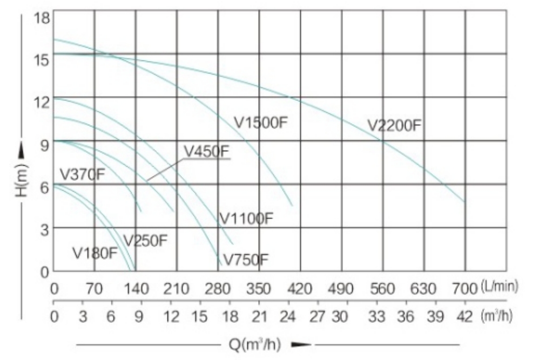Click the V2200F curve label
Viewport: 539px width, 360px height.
click(394, 126)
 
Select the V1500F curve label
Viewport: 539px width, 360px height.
click(261, 123)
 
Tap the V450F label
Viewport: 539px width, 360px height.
click(206, 152)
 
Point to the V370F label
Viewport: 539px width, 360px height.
click(82, 174)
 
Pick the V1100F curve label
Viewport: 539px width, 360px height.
click(246, 219)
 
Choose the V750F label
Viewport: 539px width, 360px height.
click(246, 260)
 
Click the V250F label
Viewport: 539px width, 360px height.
click(145, 240)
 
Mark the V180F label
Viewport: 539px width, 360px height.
click(95, 253)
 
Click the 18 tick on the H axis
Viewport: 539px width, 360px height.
click(42, 17)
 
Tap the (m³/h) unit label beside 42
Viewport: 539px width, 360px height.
click(496, 316)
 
